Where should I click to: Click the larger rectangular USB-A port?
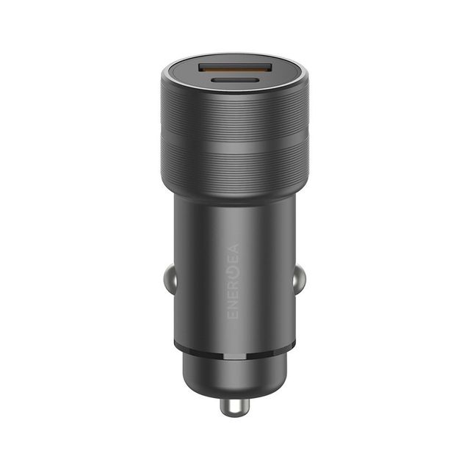(235, 69)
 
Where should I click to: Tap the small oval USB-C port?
(235, 80)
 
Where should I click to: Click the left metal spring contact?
(170, 280)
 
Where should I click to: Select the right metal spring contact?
(299, 280)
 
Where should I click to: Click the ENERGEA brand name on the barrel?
(234, 281)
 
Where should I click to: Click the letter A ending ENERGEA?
(234, 249)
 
